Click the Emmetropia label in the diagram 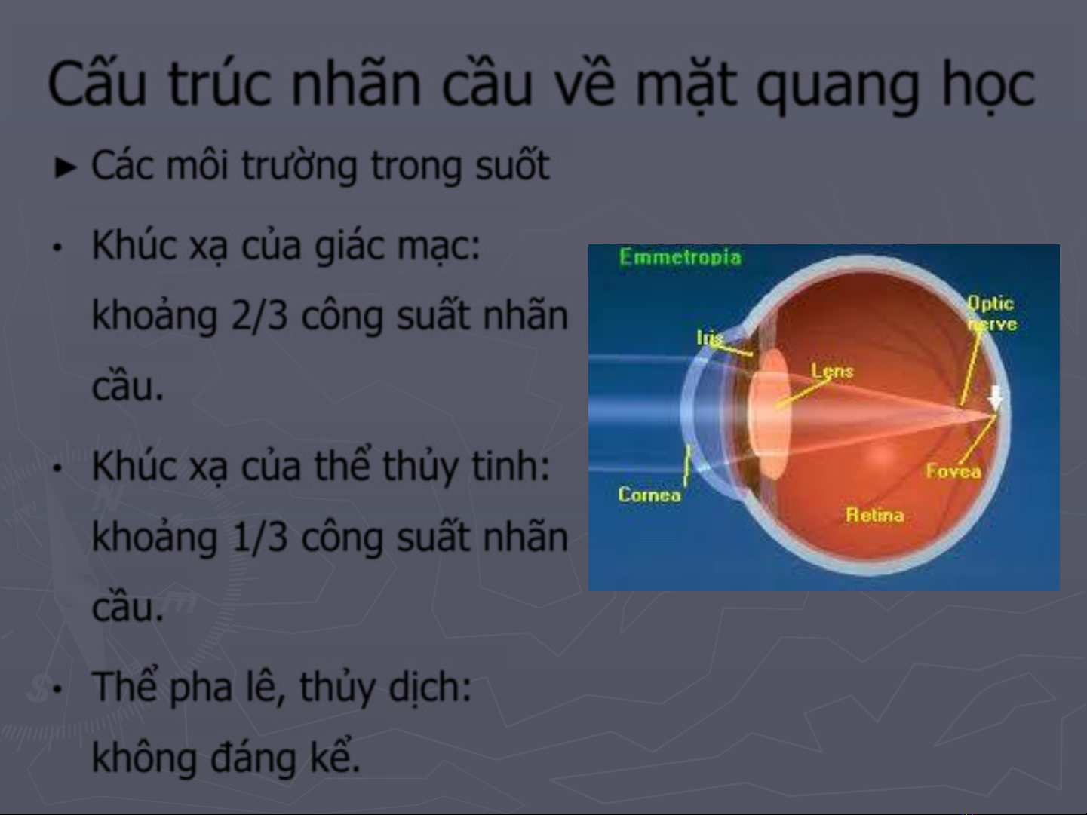click(680, 257)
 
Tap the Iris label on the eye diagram click(710, 338)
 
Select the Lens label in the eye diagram click(832, 371)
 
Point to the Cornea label click(649, 495)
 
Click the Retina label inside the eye click(874, 515)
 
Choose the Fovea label click(953, 471)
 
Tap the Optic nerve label click(992, 313)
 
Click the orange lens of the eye click(768, 413)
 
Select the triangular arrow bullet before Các click(66, 167)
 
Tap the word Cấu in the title click(97, 81)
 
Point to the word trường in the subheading click(299, 167)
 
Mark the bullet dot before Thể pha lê click(58, 689)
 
